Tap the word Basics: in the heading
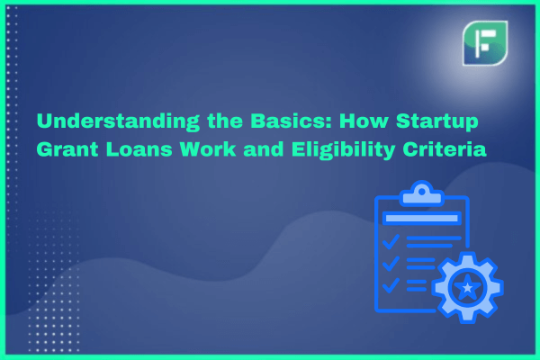point(291,121)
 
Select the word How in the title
point(364,121)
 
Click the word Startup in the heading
point(437,122)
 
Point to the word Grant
point(67,149)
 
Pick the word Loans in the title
point(139,149)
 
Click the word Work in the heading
point(208,149)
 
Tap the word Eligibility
point(344,150)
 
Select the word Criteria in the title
point(445,149)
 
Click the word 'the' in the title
point(225,121)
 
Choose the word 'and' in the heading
point(264,149)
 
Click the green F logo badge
point(485,43)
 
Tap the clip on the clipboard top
point(421,193)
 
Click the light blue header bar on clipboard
point(422,218)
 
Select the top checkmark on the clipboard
point(391,241)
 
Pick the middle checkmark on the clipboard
point(391,263)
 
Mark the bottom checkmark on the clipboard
point(391,285)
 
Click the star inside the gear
point(467,287)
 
